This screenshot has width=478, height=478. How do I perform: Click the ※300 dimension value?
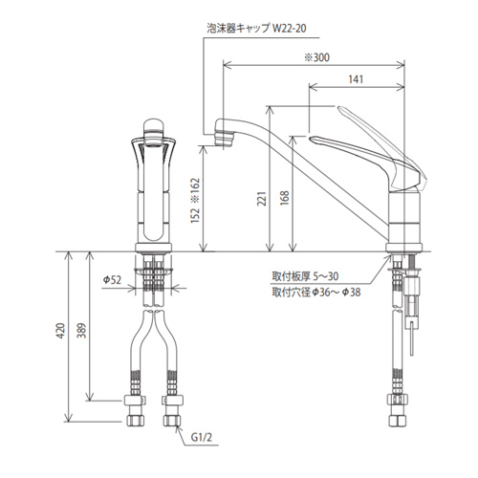pyautogui.click(x=316, y=57)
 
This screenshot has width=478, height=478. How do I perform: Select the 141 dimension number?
pyautogui.click(x=356, y=79)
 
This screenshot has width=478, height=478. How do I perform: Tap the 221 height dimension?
pyautogui.click(x=262, y=199)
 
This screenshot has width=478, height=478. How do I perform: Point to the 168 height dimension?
pyautogui.click(x=285, y=198)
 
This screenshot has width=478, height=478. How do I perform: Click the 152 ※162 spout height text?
pyautogui.click(x=195, y=201)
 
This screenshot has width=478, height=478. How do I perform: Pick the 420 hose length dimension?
pyautogui.click(x=61, y=331)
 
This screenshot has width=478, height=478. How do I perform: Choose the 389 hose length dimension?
pyautogui.click(x=82, y=331)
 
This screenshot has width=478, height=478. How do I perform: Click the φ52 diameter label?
pyautogui.click(x=112, y=280)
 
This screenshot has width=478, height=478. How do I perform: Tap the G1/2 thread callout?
pyautogui.click(x=202, y=437)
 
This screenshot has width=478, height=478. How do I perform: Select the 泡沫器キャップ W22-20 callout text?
pyautogui.click(x=256, y=29)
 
